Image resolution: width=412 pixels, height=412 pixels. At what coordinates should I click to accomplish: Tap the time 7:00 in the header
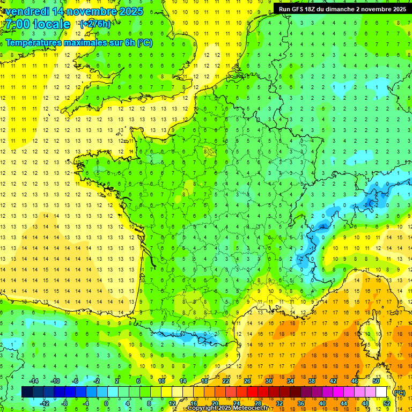coord(18,24)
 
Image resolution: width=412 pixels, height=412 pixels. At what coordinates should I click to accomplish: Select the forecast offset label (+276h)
coord(95,24)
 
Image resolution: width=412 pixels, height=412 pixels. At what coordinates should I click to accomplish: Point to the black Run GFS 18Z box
coord(342,9)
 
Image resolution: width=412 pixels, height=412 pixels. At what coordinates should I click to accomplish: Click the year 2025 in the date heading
coord(131,11)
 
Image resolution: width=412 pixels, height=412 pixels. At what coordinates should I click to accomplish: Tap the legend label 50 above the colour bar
coord(376,381)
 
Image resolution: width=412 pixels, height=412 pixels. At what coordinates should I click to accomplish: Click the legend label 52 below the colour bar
coord(386,403)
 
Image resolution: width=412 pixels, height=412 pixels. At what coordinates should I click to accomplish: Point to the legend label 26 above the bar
coord(247,381)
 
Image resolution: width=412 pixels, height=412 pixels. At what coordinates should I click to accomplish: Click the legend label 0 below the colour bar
coord(106,403)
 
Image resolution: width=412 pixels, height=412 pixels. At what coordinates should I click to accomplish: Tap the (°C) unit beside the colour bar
coord(399,393)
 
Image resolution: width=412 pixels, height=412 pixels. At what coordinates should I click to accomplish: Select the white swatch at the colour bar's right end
coord(381,392)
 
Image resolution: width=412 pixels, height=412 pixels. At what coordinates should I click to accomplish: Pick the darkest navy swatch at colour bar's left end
coord(27,392)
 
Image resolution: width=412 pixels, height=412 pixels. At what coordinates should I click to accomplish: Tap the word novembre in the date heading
coord(90,11)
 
